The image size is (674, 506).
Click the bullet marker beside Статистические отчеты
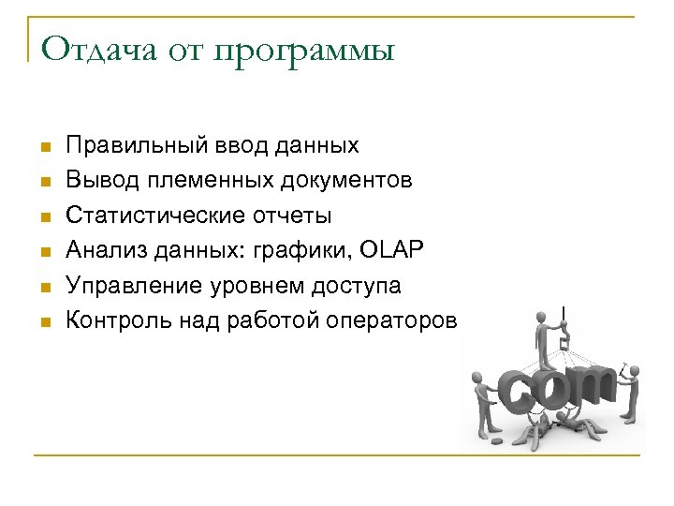[x=43, y=217]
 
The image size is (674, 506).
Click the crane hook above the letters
[x=564, y=343]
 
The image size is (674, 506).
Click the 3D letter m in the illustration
[x=589, y=387]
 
